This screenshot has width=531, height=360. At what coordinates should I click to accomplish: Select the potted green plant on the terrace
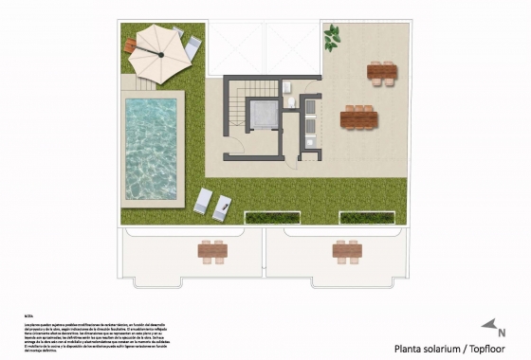coord(332,39)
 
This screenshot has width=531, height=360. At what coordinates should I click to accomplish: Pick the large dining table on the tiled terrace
coord(358,118)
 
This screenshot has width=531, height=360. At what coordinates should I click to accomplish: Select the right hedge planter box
coord(368,218)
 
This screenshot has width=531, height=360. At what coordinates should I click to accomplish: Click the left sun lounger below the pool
coord(203,201)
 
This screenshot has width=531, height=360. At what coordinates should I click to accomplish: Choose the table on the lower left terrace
coord(212,251)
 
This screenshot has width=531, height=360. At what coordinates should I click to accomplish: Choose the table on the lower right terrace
coord(346,251)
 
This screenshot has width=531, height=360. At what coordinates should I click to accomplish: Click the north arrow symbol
coord(489,327)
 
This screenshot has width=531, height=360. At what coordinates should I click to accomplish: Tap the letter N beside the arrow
coord(502,333)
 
